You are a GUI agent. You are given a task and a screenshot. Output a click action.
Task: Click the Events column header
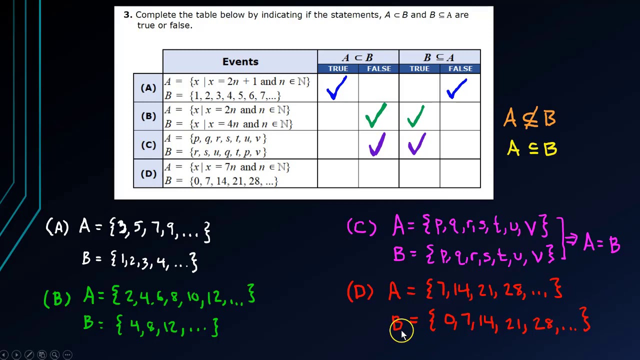[240, 61]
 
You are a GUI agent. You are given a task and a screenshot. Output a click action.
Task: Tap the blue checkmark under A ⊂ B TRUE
[336, 88]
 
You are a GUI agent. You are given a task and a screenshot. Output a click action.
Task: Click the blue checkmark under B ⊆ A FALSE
[456, 88]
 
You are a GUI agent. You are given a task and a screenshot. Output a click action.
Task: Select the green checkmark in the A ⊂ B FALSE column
[376, 115]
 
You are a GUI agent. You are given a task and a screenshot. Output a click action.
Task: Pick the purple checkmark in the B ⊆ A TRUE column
[416, 144]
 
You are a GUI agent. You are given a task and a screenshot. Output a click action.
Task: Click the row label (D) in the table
[148, 173]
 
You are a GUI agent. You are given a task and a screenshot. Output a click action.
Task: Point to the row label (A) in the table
[148, 88]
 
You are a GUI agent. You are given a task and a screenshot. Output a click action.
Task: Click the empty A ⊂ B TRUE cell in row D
[338, 173]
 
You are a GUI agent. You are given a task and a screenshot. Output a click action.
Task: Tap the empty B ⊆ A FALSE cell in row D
[460, 173]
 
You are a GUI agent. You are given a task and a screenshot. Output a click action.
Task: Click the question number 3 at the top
[127, 15]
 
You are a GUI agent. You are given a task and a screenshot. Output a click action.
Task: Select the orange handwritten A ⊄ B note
[529, 118]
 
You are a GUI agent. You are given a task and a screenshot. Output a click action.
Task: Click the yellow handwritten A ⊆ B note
[531, 148]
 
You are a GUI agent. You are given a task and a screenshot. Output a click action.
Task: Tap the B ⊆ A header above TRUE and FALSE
[439, 57]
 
